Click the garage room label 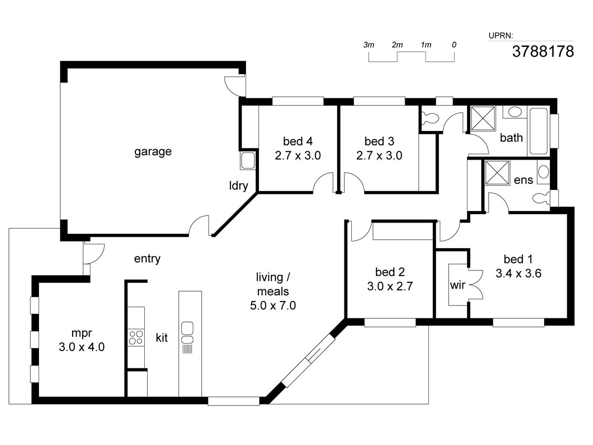coord(153,152)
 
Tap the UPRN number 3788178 coord(543,51)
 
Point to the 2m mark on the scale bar coord(397,45)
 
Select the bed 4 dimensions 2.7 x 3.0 coord(297,155)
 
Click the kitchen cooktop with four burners coord(136,338)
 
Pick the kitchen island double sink coord(187,333)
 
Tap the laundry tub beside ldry coord(248,161)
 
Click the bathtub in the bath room coord(539,132)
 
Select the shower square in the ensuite coord(497,173)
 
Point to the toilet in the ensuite coord(541,199)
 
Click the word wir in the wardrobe coord(458,285)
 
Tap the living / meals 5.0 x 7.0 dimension coord(273,306)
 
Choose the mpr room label coord(82,333)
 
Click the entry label coord(147,259)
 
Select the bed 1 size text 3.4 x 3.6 coord(518,273)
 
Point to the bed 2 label coord(390,272)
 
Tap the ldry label coord(239,186)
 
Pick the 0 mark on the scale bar coord(454,45)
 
